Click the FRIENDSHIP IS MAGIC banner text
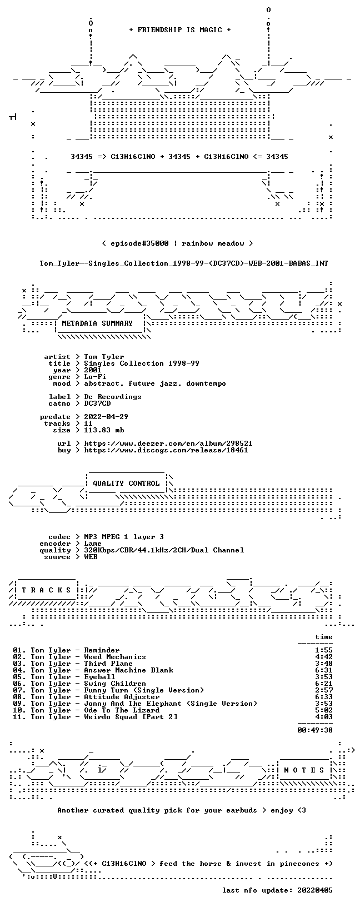[180, 30]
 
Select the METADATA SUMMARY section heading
[97, 323]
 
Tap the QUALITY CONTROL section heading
[126, 484]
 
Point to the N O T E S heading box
[304, 770]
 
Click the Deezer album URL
[168, 443]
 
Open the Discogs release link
[166, 450]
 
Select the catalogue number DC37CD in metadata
[97, 403]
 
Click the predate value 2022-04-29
[106, 417]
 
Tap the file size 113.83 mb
[104, 430]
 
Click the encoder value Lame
[93, 544]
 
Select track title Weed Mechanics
[115, 657]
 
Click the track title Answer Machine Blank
[128, 671]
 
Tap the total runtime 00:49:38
[315, 730]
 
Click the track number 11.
[19, 717]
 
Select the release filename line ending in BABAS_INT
[184, 263]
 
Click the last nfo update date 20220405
[314, 890]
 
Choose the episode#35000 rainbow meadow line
[177, 243]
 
